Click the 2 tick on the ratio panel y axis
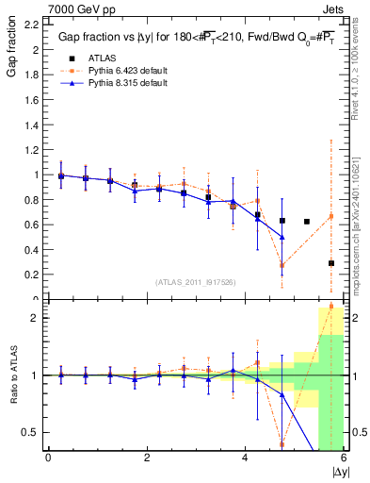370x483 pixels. (38, 318)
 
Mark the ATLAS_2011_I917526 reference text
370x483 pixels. (195, 282)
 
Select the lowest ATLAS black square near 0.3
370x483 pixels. (330, 263)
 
